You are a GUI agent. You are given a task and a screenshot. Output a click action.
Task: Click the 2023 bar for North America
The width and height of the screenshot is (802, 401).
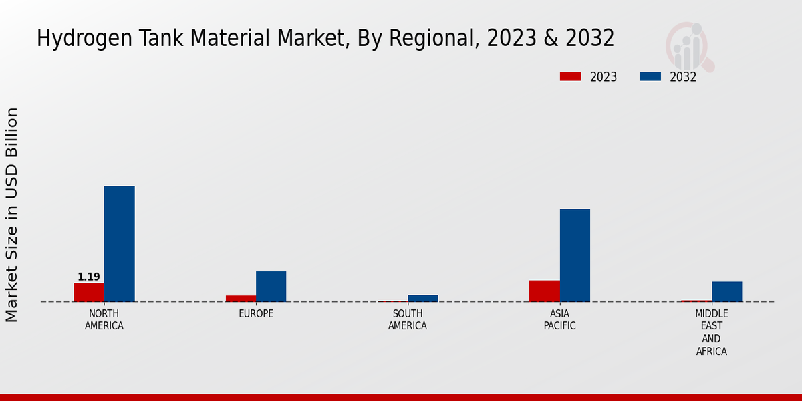[x=89, y=292]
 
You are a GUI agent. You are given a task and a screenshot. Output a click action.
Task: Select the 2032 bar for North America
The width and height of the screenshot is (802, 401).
[x=119, y=244]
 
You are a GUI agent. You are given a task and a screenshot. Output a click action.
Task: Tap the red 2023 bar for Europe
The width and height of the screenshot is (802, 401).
[x=241, y=298]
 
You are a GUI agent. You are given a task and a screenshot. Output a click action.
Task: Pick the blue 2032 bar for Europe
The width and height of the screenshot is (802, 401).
[x=271, y=286]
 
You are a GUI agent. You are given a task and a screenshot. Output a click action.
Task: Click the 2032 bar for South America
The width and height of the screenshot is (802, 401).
[x=423, y=298]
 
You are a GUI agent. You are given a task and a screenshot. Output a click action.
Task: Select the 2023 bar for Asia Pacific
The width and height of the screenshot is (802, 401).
[x=544, y=291]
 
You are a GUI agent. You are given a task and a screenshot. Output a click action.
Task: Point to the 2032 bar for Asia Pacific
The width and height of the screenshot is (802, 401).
[x=575, y=255]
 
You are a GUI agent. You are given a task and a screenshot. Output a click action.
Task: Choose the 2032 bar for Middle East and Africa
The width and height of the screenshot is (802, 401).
[x=726, y=291]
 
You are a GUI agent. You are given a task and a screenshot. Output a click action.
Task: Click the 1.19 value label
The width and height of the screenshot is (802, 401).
[x=89, y=277]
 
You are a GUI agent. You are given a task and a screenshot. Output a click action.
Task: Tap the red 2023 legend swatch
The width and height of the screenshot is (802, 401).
[x=570, y=77]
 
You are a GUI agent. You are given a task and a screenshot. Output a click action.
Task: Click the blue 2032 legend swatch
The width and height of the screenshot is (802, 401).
[x=650, y=77]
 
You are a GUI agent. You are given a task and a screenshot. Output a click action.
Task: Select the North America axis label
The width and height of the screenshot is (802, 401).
[x=104, y=320]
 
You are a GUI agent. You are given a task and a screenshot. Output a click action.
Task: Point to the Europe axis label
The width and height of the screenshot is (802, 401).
[x=256, y=314]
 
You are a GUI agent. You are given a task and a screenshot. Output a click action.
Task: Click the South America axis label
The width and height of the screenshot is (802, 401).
[x=408, y=320]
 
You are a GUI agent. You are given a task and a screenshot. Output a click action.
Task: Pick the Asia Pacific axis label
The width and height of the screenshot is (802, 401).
[x=559, y=320]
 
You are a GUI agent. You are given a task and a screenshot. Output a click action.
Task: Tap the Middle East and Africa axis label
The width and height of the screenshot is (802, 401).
[x=712, y=332]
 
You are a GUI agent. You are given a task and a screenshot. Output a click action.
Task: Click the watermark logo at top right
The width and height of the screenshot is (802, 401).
[x=689, y=45]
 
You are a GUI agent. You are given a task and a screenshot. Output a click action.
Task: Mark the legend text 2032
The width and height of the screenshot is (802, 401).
[x=683, y=77]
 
